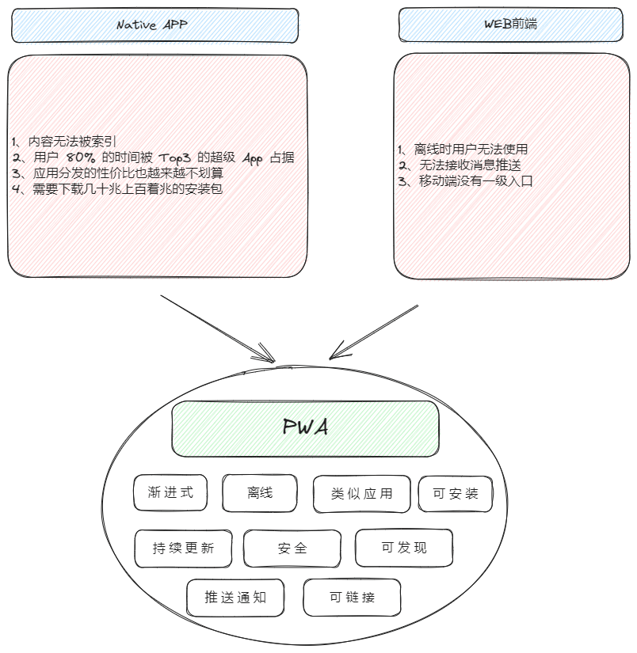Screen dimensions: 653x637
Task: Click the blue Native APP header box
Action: pyautogui.click(x=155, y=25)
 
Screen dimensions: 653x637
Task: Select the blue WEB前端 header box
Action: pyautogui.click(x=510, y=25)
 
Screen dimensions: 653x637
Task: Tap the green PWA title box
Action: pyautogui.click(x=305, y=428)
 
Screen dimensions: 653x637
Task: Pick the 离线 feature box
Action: pyautogui.click(x=259, y=493)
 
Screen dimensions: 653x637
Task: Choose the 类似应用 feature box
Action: pyautogui.click(x=362, y=494)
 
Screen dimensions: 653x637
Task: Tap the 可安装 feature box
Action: pyautogui.click(x=456, y=494)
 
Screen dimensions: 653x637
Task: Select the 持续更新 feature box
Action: pyautogui.click(x=184, y=549)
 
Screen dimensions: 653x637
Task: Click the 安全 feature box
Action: pyautogui.click(x=292, y=548)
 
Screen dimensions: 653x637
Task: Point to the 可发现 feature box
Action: pyautogui.click(x=404, y=548)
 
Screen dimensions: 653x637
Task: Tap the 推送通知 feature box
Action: pyautogui.click(x=235, y=598)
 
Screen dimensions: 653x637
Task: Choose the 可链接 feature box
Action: pyautogui.click(x=352, y=598)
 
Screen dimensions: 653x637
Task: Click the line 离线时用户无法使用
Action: pyautogui.click(x=464, y=149)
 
